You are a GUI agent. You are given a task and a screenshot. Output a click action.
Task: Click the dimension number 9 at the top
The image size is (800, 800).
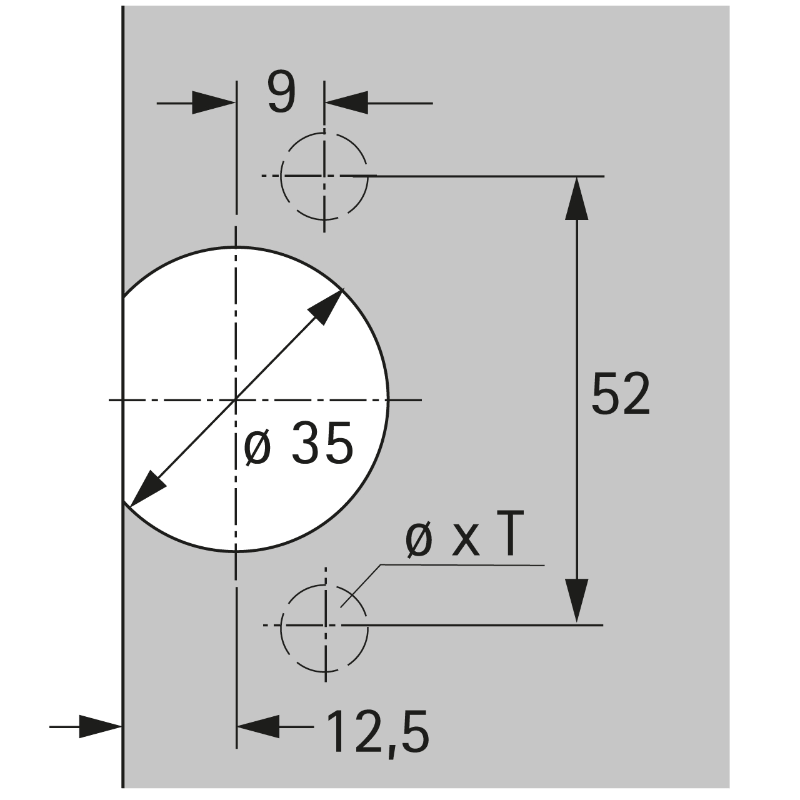281,92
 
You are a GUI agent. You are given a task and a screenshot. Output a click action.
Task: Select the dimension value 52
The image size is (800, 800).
620,394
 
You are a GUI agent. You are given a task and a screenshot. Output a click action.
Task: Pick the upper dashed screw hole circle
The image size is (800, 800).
324,176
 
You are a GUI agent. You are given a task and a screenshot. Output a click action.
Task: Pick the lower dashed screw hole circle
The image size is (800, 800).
324,625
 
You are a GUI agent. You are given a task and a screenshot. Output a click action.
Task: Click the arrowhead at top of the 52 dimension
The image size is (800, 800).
576,198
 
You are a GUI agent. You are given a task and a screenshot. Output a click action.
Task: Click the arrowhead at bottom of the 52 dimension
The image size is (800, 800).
576,601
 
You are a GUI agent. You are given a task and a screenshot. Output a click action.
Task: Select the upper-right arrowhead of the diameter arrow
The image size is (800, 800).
327,307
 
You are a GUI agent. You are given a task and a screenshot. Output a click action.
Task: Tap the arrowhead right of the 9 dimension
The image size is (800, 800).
346,102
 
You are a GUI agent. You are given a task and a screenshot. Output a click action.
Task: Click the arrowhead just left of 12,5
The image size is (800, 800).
257,727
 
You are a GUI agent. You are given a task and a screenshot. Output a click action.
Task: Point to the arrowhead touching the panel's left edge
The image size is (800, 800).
100,727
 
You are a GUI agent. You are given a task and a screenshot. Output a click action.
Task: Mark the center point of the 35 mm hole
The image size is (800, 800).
236,399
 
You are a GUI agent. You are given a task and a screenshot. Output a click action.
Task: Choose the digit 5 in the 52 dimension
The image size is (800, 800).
605,394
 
